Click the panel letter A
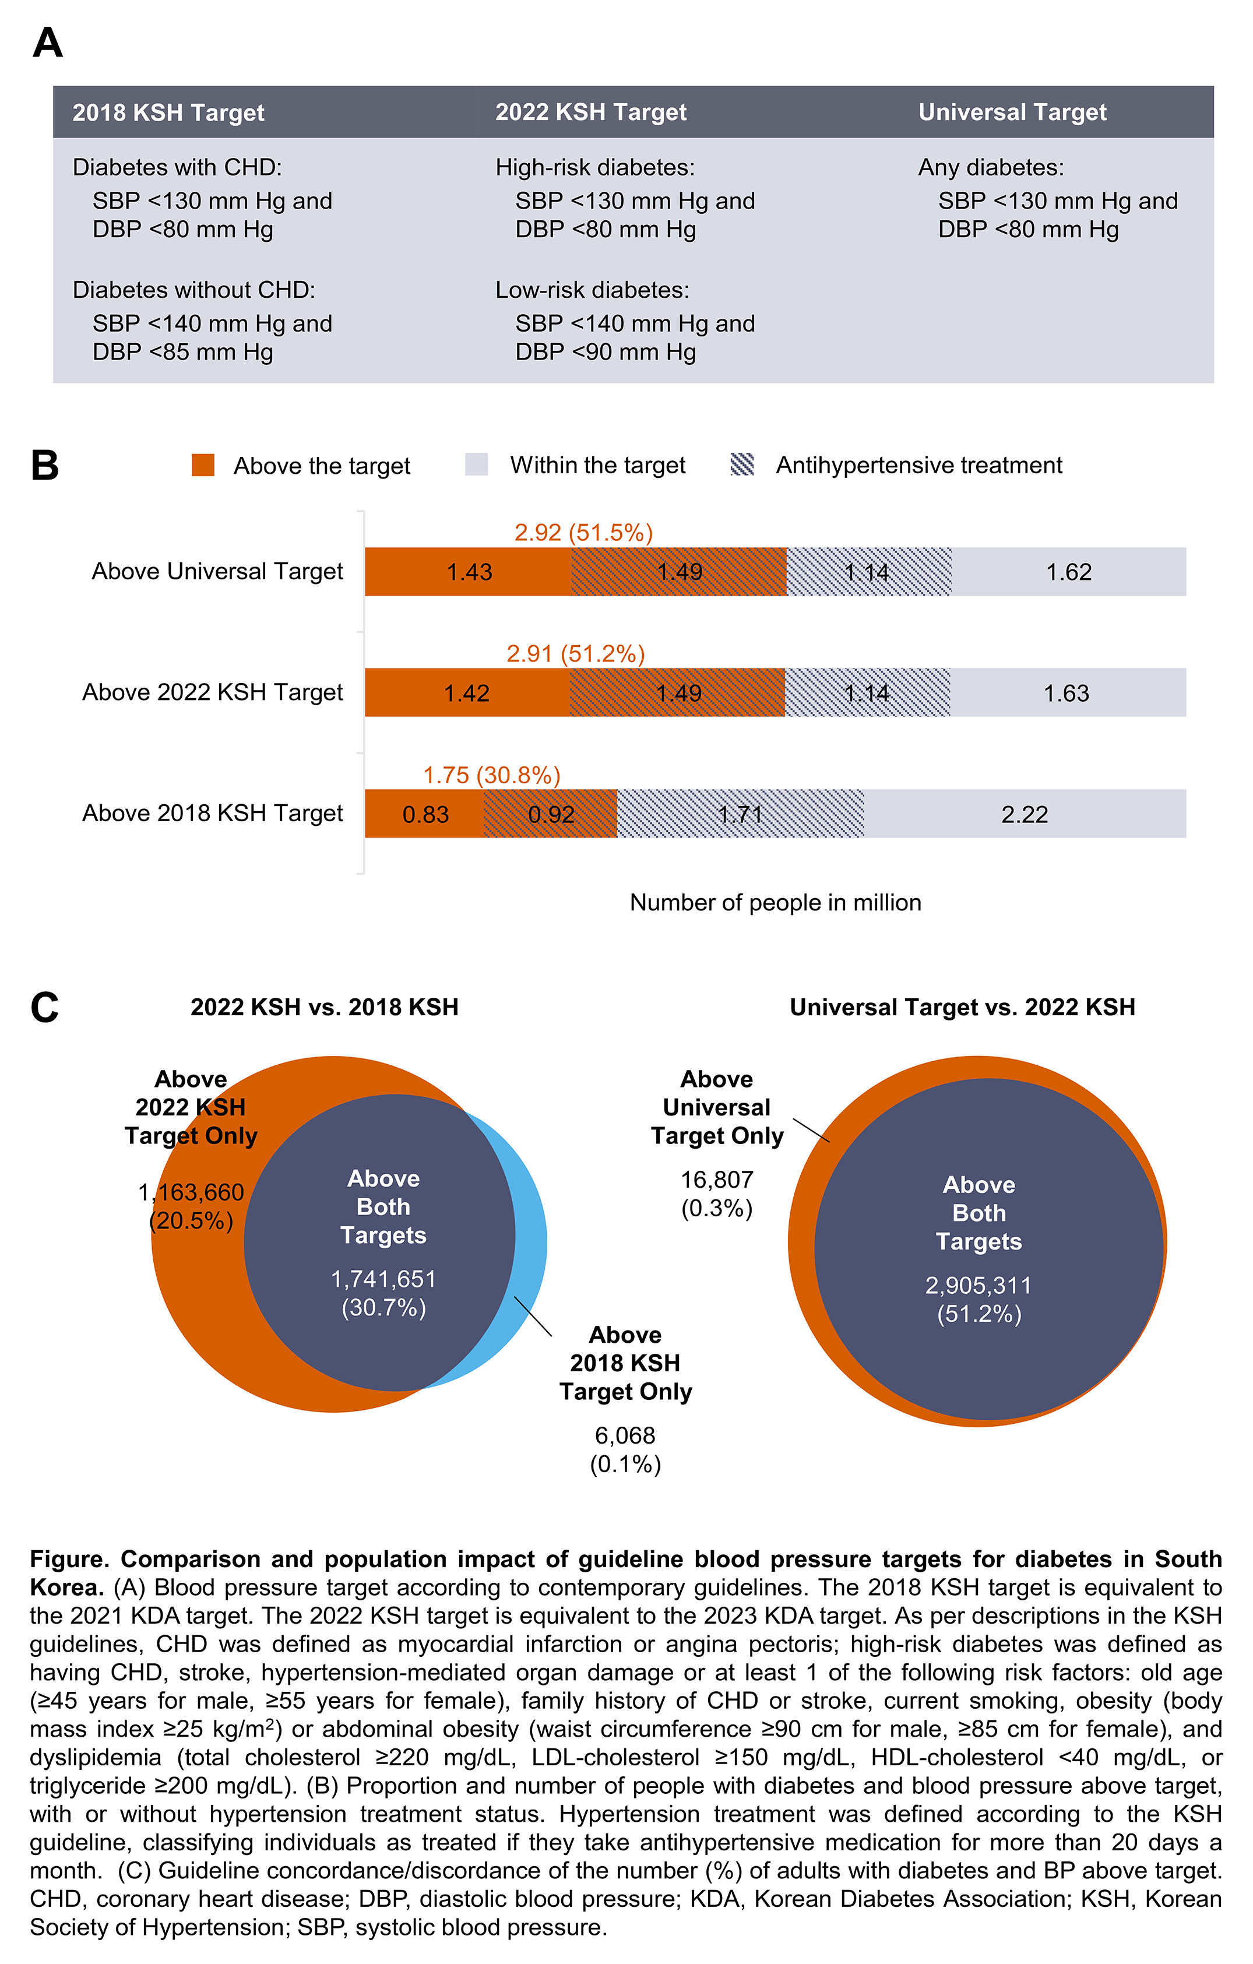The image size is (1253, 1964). pyautogui.click(x=47, y=43)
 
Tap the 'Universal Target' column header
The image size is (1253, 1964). pyautogui.click(x=1012, y=112)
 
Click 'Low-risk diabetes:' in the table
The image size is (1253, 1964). pyautogui.click(x=592, y=290)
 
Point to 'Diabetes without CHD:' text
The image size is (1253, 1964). pyautogui.click(x=193, y=290)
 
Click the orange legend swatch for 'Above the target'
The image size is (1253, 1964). pyautogui.click(x=203, y=465)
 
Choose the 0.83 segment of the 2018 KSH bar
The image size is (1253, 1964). pyautogui.click(x=425, y=814)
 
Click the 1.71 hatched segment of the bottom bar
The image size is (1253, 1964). pyautogui.click(x=740, y=814)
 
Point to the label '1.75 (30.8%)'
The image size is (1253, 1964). pyautogui.click(x=491, y=775)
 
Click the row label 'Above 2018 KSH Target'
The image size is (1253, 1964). pyautogui.click(x=212, y=813)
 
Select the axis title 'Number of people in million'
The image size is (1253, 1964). pyautogui.click(x=775, y=902)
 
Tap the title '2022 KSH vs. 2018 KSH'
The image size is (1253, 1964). pyautogui.click(x=324, y=1007)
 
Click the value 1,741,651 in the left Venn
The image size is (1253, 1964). pyautogui.click(x=383, y=1278)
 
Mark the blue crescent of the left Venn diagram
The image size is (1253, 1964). pyautogui.click(x=532, y=1248)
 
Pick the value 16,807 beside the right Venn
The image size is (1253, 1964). pyautogui.click(x=716, y=1180)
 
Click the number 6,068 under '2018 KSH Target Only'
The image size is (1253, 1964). pyautogui.click(x=625, y=1435)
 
